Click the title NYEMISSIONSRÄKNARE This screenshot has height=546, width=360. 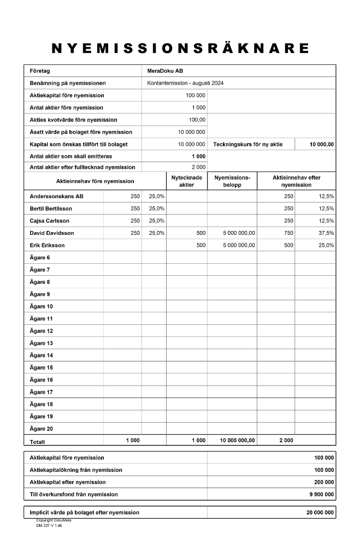point(180,48)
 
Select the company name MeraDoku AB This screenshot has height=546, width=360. point(165,71)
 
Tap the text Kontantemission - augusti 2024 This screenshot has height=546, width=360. point(186,84)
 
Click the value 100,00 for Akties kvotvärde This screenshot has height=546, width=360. point(197,120)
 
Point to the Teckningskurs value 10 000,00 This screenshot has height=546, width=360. point(322,144)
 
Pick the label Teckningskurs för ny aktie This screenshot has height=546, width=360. point(248,144)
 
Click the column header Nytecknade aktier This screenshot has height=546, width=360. point(186,181)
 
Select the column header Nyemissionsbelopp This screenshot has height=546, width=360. point(232,181)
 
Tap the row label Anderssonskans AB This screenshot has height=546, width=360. point(57,196)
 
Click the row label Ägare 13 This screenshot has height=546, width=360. point(42,343)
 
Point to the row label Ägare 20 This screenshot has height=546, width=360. point(42,429)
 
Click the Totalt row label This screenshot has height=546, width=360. point(38,441)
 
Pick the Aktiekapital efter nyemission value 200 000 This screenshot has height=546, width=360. point(323,482)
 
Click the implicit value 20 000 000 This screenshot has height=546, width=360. point(320,513)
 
